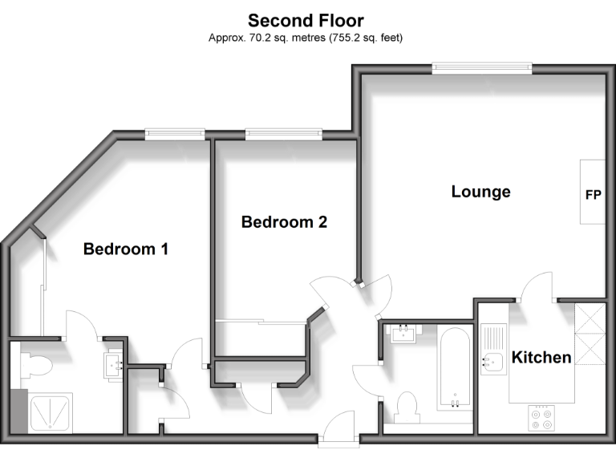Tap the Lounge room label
(x=480, y=192)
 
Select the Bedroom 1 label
(x=126, y=249)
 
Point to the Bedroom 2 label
(x=284, y=222)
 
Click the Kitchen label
(x=541, y=357)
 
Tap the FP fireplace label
(x=594, y=194)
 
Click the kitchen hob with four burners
(x=541, y=419)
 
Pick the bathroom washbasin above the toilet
(x=403, y=333)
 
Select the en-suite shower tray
(x=50, y=413)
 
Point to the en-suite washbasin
(x=113, y=365)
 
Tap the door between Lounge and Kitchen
(x=536, y=287)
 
